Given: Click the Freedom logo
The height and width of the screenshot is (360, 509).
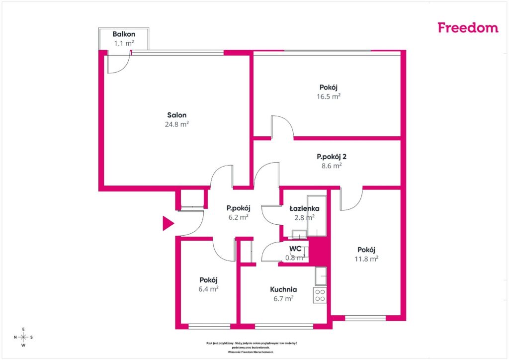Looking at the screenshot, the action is click(468, 27).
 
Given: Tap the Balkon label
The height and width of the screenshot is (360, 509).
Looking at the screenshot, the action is click(124, 34).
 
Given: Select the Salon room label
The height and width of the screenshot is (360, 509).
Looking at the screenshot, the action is click(177, 115).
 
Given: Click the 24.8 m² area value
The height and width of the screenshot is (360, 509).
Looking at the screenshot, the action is click(177, 124).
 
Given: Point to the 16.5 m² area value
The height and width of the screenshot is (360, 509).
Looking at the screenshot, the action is click(329, 96).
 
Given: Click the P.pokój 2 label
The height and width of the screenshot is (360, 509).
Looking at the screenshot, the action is click(332, 157).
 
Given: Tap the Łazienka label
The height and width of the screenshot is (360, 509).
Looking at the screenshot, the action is click(305, 208).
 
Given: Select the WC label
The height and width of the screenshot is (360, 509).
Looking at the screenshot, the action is click(295, 249).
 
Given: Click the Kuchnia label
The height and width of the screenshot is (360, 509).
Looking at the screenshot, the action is click(283, 289).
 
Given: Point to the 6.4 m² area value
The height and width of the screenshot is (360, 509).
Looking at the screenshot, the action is click(208, 289).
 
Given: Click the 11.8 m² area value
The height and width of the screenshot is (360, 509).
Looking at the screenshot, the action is click(366, 259).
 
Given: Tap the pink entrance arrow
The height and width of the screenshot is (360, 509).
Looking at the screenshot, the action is click(168, 223).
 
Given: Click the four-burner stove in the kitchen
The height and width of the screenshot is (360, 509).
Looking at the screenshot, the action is click(320, 295).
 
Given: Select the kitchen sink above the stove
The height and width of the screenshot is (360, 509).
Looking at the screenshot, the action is click(321, 276).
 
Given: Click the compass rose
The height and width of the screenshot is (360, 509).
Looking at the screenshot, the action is click(23, 337).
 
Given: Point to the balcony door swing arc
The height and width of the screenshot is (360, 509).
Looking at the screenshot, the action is click(123, 67).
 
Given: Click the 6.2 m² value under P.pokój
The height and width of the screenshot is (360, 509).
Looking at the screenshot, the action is click(239, 217).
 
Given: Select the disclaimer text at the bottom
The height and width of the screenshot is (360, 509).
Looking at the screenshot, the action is click(252, 348).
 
